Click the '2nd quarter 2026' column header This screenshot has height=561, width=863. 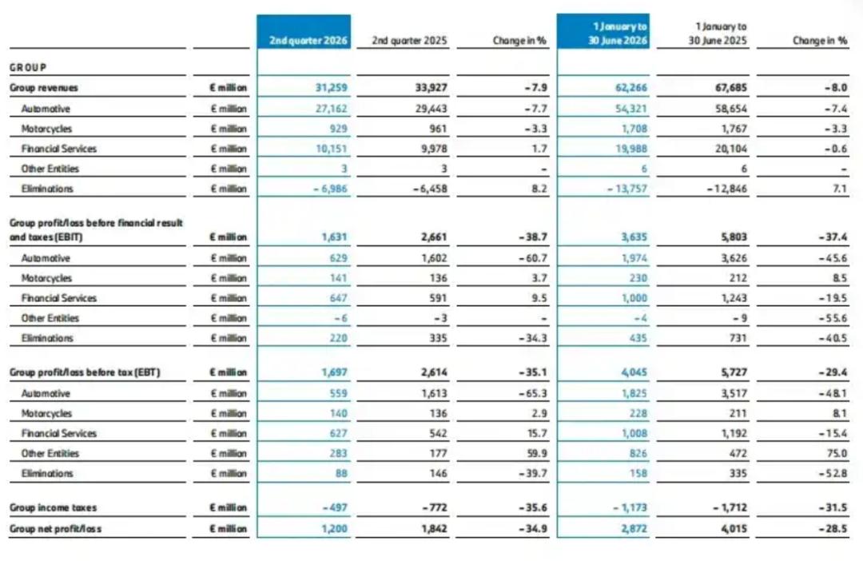(x=308, y=41)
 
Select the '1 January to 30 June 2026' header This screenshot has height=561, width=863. (x=618, y=33)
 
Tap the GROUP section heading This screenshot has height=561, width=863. (x=27, y=67)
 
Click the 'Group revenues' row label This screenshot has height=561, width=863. (x=43, y=88)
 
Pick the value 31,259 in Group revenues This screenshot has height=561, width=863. (x=332, y=88)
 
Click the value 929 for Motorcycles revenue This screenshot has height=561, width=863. (x=338, y=129)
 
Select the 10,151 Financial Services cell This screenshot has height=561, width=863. (x=332, y=149)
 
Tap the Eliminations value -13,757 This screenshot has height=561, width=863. (x=627, y=189)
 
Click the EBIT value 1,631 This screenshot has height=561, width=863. (x=335, y=237)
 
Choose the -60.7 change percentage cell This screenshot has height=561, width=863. (x=533, y=258)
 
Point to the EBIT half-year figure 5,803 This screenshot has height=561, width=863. (x=734, y=237)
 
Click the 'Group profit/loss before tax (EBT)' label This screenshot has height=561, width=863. (x=85, y=372)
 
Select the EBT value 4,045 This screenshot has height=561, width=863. (x=634, y=372)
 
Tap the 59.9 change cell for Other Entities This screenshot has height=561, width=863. (x=537, y=453)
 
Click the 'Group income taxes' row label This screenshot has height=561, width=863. (x=53, y=507)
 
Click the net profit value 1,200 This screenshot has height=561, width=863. (x=335, y=528)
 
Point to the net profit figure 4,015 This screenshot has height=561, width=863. (x=734, y=528)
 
